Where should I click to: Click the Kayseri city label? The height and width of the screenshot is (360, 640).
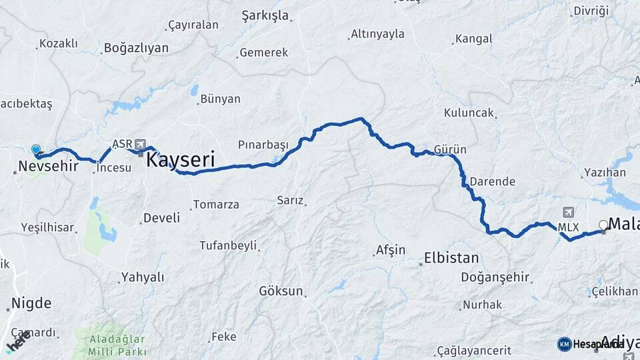pyautogui.click(x=180, y=160)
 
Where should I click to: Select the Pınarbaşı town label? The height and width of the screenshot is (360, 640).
pyautogui.click(x=263, y=145)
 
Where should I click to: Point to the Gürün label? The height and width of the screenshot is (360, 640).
pyautogui.click(x=450, y=149)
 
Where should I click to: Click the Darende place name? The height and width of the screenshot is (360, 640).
pyautogui.click(x=492, y=181)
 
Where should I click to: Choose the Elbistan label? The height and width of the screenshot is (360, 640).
pyautogui.click(x=451, y=257)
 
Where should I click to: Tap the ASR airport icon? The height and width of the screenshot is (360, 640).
pyautogui.click(x=140, y=143)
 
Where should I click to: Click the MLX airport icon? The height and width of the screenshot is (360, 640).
pyautogui.click(x=568, y=213)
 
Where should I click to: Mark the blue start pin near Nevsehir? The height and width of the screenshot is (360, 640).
pyautogui.click(x=35, y=151)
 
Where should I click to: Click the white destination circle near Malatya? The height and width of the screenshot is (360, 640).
pyautogui.click(x=604, y=225)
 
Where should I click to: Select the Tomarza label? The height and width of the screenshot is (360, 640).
pyautogui.click(x=215, y=205)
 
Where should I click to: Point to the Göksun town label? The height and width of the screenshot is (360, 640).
pyautogui.click(x=281, y=291)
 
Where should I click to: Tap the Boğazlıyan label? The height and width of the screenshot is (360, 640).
pyautogui.click(x=136, y=48)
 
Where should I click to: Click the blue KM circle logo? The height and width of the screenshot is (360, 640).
pyautogui.click(x=564, y=343)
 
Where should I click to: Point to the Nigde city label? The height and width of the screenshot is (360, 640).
pyautogui.click(x=31, y=303)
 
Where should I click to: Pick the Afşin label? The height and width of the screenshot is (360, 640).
pyautogui.click(x=391, y=250)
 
